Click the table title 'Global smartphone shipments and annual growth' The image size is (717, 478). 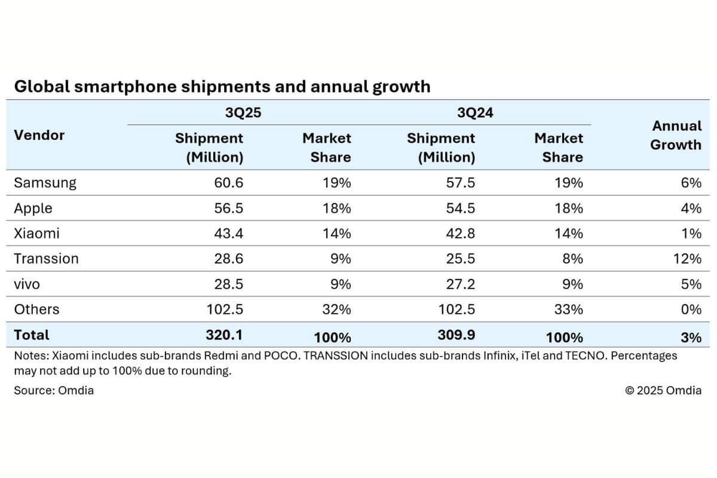coord(222,87)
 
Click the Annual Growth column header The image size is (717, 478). coord(676,136)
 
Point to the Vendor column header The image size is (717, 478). coord(39,135)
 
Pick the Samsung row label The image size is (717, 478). coord(45,183)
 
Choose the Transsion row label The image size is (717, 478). coord(46,259)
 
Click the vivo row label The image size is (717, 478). coord(27,284)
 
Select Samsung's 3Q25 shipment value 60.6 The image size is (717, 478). coord(229,183)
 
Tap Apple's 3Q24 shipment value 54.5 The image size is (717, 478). coord(461,209)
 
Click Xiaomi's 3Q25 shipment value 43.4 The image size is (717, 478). coord(229,234)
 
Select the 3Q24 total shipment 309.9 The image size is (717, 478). coord(457,335)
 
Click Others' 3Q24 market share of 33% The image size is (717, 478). coord(569,310)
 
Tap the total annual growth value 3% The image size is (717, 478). coord(691,337)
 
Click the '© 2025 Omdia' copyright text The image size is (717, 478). coord(663,390)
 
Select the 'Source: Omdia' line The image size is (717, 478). coord(54,390)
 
